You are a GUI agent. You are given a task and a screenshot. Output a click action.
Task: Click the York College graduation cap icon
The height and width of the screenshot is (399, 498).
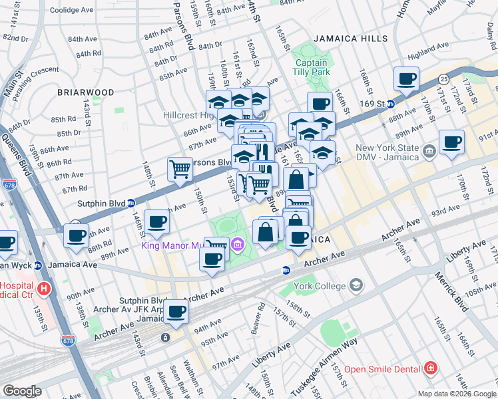(356, 286)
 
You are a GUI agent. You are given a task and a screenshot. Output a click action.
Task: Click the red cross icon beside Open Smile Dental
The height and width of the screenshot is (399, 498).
(431, 368)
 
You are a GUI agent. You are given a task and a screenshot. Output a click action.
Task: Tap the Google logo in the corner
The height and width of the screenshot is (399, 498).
(22, 391)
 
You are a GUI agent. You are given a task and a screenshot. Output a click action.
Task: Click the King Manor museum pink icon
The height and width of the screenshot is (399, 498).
(238, 247)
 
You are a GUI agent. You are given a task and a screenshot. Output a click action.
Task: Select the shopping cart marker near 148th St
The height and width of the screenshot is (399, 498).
(180, 170)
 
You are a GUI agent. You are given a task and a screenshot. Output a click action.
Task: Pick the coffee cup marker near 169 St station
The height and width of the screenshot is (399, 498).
(406, 80)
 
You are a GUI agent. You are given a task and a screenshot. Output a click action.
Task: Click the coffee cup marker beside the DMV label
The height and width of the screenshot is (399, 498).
(451, 142)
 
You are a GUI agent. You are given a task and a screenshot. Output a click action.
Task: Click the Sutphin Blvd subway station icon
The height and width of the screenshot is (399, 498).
(132, 203)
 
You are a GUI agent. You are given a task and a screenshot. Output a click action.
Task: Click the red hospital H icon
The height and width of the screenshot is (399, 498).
(44, 289)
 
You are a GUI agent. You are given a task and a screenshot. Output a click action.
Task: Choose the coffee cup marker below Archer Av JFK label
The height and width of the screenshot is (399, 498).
(176, 312)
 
